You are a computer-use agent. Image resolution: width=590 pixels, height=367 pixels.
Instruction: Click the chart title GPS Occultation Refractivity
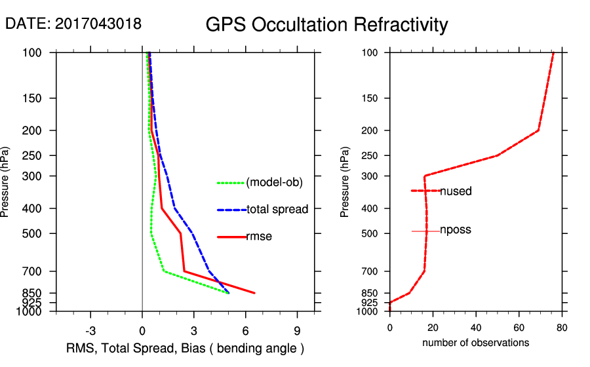[326, 25]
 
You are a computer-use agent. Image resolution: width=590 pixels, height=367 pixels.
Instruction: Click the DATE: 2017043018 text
[73, 24]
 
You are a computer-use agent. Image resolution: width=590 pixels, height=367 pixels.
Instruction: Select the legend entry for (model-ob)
[274, 183]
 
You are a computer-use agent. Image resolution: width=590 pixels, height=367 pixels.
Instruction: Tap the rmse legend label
[259, 237]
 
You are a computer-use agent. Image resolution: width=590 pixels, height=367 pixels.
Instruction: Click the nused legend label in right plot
[456, 191]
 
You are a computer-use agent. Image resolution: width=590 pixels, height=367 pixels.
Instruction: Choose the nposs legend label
[456, 230]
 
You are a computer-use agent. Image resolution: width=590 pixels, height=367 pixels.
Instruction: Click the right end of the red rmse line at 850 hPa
[254, 293]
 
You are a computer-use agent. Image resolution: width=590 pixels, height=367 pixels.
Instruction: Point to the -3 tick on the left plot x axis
[91, 330]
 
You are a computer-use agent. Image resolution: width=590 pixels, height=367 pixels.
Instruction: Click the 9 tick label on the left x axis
[298, 330]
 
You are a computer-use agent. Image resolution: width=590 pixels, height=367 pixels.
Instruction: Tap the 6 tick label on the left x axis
[246, 330]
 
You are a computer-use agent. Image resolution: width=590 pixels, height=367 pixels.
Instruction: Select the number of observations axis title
[475, 343]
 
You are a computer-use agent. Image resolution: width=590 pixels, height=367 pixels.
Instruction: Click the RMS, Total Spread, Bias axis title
[186, 347]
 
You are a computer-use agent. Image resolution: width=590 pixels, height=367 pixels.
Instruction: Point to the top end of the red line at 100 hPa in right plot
[553, 53]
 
